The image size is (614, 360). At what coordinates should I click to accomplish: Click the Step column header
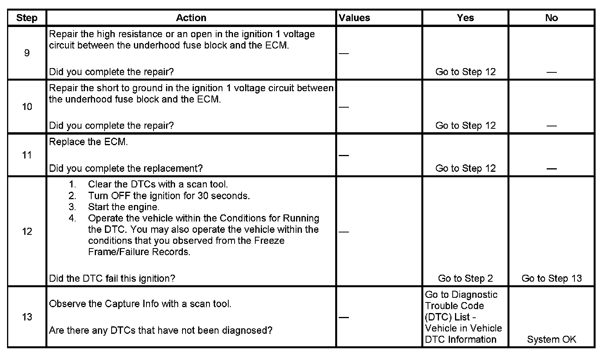(x=27, y=18)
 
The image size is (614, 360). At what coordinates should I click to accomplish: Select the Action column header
(x=191, y=18)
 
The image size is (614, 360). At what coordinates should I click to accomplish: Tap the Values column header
(x=354, y=18)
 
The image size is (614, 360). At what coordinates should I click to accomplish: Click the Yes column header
(x=465, y=18)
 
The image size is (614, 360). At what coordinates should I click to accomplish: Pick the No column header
(x=551, y=18)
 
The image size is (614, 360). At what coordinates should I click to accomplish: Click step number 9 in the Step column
(x=27, y=53)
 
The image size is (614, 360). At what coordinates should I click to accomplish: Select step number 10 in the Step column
(x=27, y=106)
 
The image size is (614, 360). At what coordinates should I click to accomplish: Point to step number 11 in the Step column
(x=27, y=155)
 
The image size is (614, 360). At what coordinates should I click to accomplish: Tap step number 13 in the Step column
(x=27, y=317)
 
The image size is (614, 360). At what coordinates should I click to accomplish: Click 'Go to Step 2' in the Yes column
(x=465, y=278)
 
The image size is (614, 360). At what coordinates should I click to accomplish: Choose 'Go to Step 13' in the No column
(x=551, y=278)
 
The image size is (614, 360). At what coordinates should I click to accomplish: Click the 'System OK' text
(x=551, y=339)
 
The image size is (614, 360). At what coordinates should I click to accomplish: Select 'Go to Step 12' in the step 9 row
(x=465, y=72)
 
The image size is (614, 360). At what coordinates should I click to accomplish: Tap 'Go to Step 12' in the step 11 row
(x=465, y=168)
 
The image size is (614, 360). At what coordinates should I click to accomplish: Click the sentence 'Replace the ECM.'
(x=88, y=142)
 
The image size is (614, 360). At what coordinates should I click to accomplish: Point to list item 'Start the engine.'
(x=123, y=207)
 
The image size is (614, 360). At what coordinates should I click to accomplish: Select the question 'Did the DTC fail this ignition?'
(x=112, y=278)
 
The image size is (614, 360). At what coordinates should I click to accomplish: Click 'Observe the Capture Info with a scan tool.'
(x=140, y=304)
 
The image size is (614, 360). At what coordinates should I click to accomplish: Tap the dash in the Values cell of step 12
(x=343, y=232)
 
